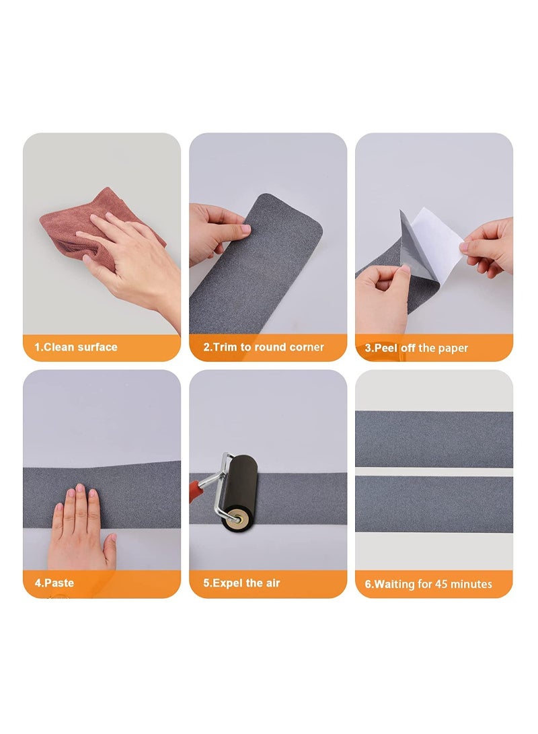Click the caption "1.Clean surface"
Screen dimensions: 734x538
point(76,347)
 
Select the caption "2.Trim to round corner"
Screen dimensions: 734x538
point(264,347)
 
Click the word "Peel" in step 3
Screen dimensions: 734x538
point(387,348)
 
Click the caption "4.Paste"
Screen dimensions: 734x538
point(54,583)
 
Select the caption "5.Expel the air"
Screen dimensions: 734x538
point(241,583)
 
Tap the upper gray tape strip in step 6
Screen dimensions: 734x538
point(434,439)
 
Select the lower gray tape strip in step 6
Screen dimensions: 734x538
point(434,504)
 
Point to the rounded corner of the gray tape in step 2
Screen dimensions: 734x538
point(313,205)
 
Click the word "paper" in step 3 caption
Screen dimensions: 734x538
point(453,348)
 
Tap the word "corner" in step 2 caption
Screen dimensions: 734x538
point(307,347)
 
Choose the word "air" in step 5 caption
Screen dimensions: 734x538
point(272,583)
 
